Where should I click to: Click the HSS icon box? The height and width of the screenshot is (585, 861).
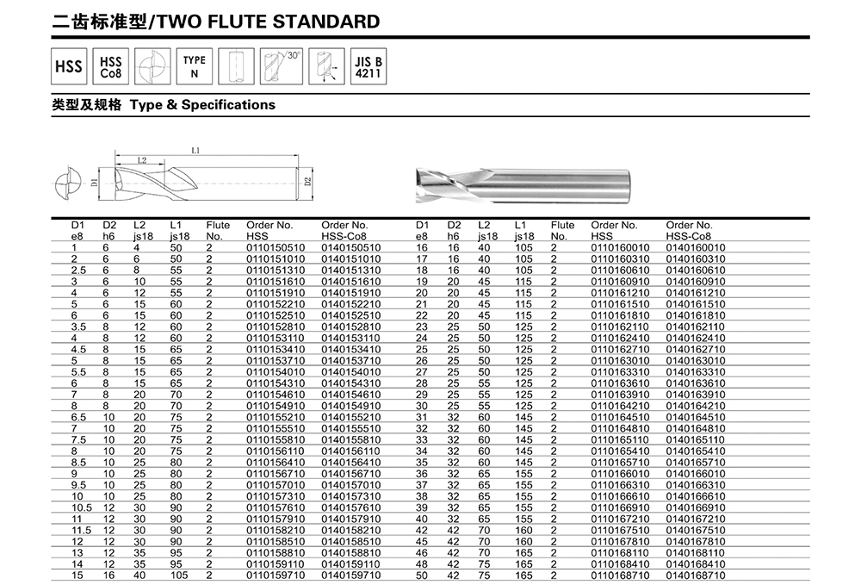(x=68, y=66)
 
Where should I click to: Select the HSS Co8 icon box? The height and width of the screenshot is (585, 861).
(x=111, y=66)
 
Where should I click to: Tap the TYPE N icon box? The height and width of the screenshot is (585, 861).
(x=194, y=66)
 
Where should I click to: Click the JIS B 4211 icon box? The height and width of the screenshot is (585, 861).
(x=368, y=66)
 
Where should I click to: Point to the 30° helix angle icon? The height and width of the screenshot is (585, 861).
(x=281, y=66)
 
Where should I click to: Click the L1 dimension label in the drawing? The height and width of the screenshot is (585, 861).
(x=195, y=151)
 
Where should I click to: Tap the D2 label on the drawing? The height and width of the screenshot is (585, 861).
(x=307, y=182)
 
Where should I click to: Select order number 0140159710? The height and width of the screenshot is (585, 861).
(x=350, y=573)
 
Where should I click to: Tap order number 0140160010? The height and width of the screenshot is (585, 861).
(x=696, y=248)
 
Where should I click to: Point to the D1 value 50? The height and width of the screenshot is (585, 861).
(x=421, y=573)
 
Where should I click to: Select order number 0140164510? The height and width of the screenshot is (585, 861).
(x=696, y=416)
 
